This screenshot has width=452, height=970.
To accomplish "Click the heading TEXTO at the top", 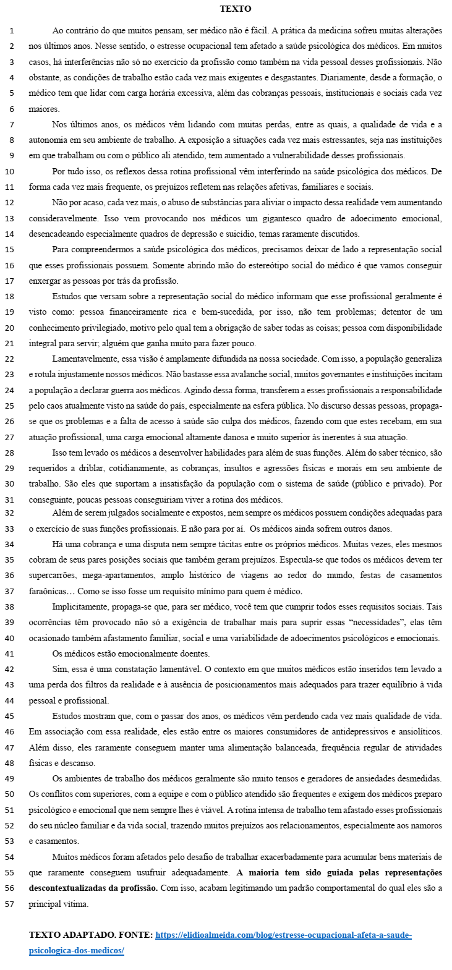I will [x=236, y=9].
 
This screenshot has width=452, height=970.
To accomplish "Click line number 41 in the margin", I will [x=10, y=653].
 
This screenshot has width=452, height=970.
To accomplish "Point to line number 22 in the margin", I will [x=10, y=359].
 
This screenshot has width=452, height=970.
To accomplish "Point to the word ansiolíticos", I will [x=417, y=731].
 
